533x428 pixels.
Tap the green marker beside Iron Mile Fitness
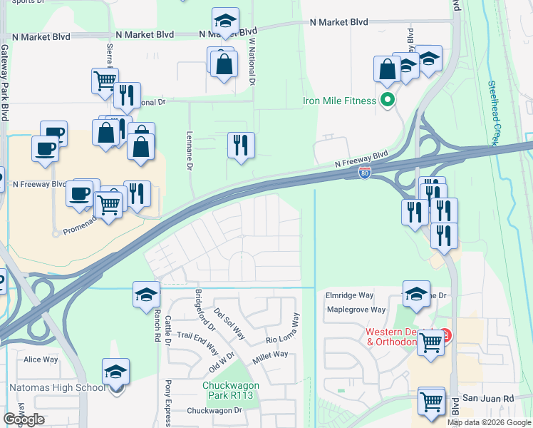(388, 100)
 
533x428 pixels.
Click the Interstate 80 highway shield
(364, 173)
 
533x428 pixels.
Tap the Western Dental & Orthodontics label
(401, 337)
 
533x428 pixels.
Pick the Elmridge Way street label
(350, 295)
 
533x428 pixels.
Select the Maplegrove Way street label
(356, 310)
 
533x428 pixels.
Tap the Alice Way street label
(41, 360)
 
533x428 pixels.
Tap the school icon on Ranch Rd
(146, 294)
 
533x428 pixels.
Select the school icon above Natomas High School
(115, 372)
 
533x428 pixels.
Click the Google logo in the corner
(24, 419)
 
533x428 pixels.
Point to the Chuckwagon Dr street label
(214, 411)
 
